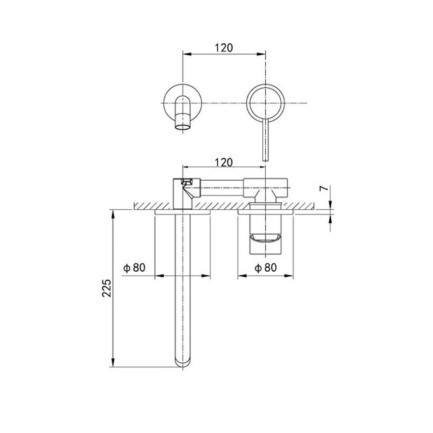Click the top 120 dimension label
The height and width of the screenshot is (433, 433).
(224, 48)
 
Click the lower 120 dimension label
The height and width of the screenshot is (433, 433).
(224, 163)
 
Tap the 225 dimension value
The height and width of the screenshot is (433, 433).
(107, 288)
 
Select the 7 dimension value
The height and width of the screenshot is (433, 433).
(324, 188)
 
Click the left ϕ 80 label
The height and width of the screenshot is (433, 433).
(134, 268)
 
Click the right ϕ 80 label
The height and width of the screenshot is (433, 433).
(265, 268)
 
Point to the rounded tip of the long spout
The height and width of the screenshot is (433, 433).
(183, 364)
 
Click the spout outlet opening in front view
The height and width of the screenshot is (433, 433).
(183, 127)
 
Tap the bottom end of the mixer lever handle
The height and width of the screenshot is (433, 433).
(265, 160)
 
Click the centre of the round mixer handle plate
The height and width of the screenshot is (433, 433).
(265, 103)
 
